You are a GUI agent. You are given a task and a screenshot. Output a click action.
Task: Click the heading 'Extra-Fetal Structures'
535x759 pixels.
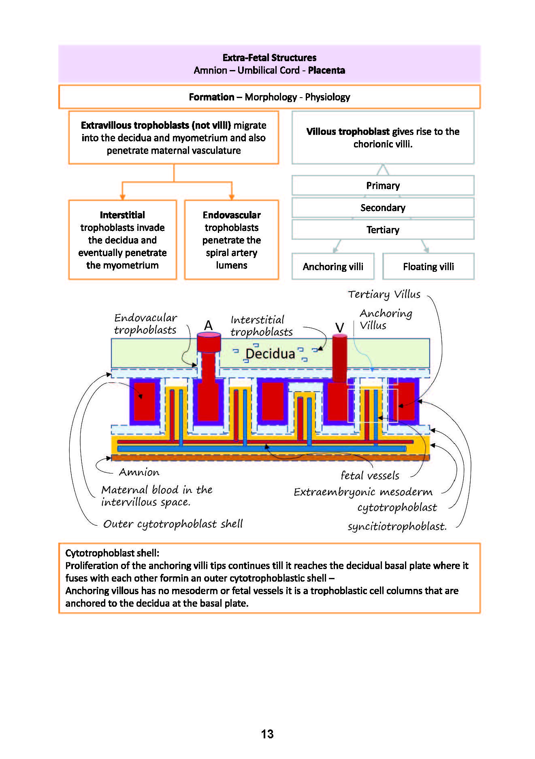tap(269, 58)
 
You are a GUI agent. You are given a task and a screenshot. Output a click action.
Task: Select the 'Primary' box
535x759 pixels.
tap(383, 185)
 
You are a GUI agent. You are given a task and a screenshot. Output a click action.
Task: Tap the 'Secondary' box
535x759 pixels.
tap(383, 208)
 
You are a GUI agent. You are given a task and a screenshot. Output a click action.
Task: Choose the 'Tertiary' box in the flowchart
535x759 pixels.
tap(383, 230)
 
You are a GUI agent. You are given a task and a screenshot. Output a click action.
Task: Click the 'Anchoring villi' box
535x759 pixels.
tap(333, 267)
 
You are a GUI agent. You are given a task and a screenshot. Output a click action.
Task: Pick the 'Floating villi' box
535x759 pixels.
tap(428, 267)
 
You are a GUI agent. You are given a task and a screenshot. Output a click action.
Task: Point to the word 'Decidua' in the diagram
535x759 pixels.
tap(270, 354)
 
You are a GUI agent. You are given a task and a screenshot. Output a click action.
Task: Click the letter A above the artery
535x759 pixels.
tap(208, 325)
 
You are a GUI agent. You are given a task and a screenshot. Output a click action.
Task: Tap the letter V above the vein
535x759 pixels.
tap(339, 327)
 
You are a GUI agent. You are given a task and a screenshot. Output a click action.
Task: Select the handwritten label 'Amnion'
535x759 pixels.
tap(139, 472)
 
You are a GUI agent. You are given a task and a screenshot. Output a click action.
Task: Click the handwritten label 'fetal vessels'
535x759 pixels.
tap(370, 475)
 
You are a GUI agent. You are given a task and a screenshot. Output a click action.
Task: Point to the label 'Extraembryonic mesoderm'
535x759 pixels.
tap(363, 492)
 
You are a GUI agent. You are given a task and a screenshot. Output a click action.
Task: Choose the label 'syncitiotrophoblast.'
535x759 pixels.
tap(397, 526)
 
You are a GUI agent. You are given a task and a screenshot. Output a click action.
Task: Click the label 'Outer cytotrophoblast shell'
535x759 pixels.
tap(173, 524)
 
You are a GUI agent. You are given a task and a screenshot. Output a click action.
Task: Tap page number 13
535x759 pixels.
tap(267, 734)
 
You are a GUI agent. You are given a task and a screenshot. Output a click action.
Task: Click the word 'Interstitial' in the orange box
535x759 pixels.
tap(122, 215)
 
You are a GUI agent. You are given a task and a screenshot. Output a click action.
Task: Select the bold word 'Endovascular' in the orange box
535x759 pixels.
tap(232, 215)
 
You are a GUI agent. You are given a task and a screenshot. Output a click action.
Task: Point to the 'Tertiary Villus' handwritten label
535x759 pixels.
tap(384, 294)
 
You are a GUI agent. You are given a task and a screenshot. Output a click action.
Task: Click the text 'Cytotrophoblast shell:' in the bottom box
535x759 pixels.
tap(112, 553)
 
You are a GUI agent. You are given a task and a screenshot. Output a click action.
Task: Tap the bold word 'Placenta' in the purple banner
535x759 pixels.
tap(326, 70)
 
